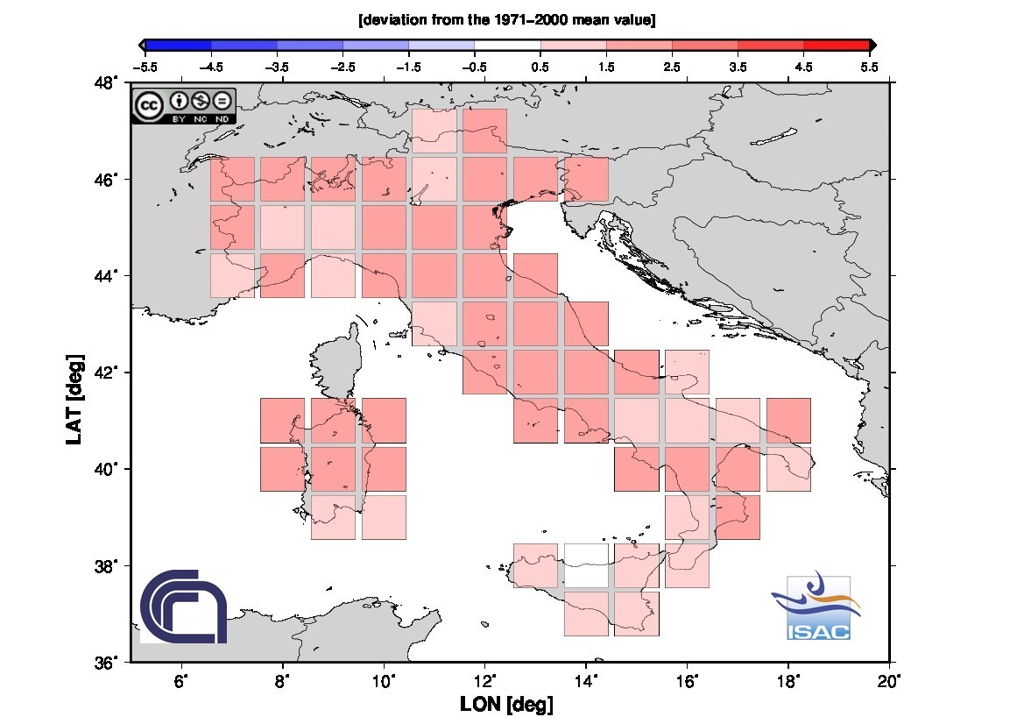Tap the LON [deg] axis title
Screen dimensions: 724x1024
(506, 704)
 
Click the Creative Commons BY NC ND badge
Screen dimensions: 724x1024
(184, 106)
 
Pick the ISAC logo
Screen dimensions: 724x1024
(818, 608)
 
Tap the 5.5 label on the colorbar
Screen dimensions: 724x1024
(869, 66)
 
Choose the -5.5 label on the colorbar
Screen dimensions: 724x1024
(144, 66)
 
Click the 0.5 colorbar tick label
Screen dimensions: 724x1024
(540, 66)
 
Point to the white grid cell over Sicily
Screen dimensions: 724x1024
(586, 564)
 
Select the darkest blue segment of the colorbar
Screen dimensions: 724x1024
(178, 45)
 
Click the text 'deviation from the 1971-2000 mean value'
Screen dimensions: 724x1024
(507, 19)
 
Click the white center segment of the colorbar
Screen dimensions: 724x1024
(507, 45)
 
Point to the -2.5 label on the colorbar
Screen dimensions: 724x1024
(342, 66)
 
